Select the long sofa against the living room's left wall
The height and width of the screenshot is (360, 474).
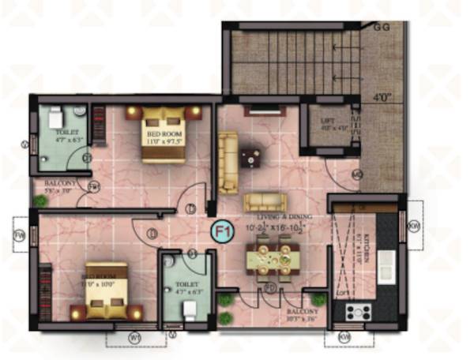click(x=228, y=162)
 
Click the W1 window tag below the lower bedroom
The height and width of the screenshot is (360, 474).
click(x=134, y=338)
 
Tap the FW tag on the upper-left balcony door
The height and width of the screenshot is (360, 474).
click(x=94, y=187)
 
